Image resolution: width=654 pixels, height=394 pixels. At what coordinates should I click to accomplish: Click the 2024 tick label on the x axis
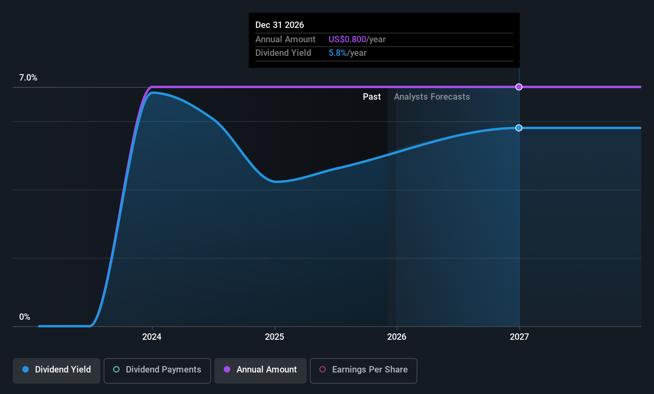(152, 337)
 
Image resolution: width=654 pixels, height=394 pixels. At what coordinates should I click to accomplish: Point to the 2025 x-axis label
(274, 337)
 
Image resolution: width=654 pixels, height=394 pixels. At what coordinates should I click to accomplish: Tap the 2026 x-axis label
(397, 337)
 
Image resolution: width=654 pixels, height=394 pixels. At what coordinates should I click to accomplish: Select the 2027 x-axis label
(519, 337)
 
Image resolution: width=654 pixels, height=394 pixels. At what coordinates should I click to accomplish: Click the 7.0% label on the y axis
(28, 78)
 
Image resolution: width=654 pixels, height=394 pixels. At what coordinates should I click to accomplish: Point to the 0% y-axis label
(25, 317)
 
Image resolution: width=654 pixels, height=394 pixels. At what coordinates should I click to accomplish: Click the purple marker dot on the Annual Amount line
(519, 87)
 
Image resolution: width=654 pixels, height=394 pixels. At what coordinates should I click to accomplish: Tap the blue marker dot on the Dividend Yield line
(519, 128)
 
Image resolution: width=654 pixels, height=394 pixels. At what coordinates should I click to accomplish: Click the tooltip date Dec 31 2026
(280, 25)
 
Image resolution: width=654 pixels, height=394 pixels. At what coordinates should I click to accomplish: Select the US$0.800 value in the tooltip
(347, 39)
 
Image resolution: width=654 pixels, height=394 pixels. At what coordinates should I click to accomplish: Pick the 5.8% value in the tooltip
(337, 53)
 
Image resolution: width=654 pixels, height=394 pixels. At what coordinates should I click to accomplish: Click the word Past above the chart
(372, 97)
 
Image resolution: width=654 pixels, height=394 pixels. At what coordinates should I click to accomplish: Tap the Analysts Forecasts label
(432, 97)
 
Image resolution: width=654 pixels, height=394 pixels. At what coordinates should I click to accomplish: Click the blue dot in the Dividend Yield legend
(25, 369)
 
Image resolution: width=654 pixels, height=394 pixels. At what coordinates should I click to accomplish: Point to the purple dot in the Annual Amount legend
(227, 369)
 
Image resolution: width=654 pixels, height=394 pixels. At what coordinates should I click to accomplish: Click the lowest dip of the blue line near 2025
(276, 181)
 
